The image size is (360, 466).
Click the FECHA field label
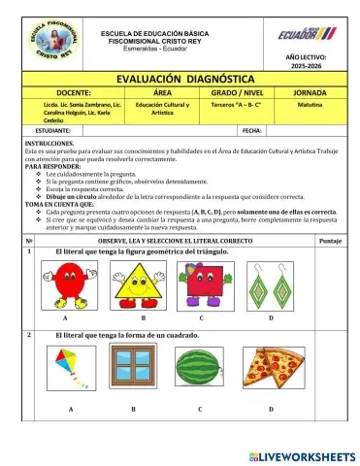[x=252, y=128]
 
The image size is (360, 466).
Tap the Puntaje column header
[x=329, y=239]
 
